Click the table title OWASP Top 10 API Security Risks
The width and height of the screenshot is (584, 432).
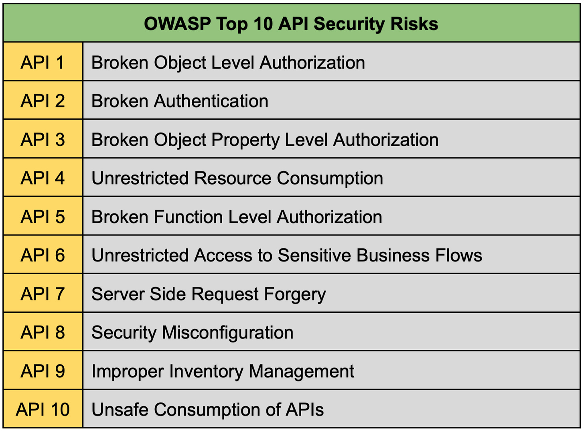pyautogui.click(x=291, y=24)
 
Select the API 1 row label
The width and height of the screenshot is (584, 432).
pyautogui.click(x=43, y=63)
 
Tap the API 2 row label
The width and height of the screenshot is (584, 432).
pyautogui.click(x=43, y=101)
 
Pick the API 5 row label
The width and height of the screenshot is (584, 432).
pyautogui.click(x=43, y=217)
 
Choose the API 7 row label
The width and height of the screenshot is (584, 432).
pyautogui.click(x=43, y=294)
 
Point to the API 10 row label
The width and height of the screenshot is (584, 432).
pyautogui.click(x=43, y=410)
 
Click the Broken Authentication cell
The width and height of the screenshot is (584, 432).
pyautogui.click(x=180, y=101)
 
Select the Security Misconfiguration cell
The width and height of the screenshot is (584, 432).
pyautogui.click(x=193, y=333)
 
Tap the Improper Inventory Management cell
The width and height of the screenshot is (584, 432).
pyautogui.click(x=223, y=371)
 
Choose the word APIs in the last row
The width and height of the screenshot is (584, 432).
pyautogui.click(x=304, y=410)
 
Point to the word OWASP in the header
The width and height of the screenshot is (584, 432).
pyautogui.click(x=177, y=24)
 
